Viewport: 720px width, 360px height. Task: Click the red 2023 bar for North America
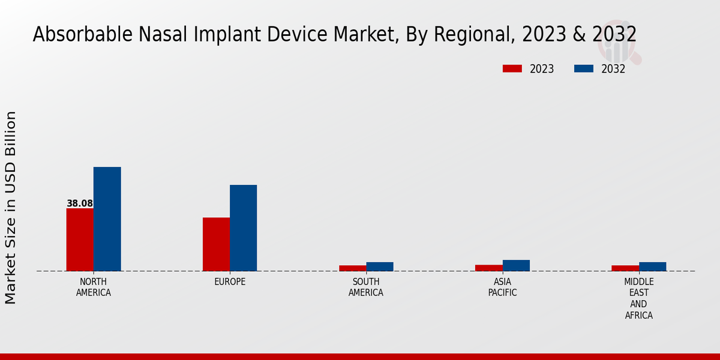[x=80, y=239]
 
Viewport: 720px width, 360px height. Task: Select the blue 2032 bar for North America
[x=107, y=219]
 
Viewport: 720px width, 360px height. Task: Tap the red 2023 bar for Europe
[x=216, y=244]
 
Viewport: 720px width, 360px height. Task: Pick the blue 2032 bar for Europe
[x=243, y=228]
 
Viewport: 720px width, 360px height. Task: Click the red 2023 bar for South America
[x=352, y=268]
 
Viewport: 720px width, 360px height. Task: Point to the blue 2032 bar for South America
[x=380, y=266]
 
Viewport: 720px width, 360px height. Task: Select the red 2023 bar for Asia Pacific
[x=488, y=268]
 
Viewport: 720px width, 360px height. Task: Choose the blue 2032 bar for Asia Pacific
[x=516, y=265]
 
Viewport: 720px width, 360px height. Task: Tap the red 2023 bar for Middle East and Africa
[x=625, y=268]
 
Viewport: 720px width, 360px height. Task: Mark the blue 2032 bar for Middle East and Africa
[x=652, y=266]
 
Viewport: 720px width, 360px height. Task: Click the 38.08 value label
[x=80, y=203]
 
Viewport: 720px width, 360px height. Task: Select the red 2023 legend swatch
[x=512, y=69]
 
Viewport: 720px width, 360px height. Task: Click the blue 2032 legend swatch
[x=583, y=69]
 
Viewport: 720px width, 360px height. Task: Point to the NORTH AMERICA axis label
[x=93, y=287]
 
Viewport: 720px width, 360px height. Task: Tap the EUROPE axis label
[x=230, y=281]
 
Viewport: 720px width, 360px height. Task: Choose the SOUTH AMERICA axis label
[x=366, y=287]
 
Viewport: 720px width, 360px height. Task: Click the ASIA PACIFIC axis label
[x=502, y=287]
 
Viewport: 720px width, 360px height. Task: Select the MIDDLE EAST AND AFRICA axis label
[x=638, y=298]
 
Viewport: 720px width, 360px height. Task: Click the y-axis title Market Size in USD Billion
[x=11, y=207]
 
